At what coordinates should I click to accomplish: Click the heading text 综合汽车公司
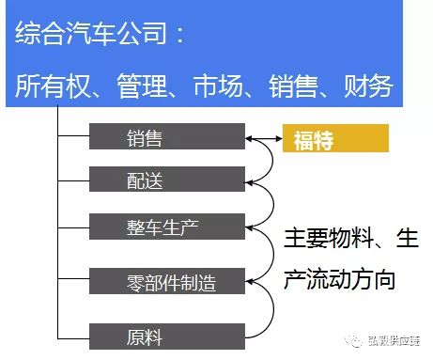click(91, 33)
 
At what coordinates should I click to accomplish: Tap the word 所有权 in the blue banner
click(53, 86)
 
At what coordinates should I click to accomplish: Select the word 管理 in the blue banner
click(142, 86)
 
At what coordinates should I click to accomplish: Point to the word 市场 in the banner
click(218, 86)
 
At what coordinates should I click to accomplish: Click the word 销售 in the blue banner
click(293, 86)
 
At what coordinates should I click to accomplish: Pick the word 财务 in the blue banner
click(368, 86)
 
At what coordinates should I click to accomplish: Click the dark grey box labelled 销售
click(167, 136)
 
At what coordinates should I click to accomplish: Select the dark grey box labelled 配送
click(167, 179)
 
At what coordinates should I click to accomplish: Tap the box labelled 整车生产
click(167, 227)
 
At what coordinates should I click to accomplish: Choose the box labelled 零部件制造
click(167, 281)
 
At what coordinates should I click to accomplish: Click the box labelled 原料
click(167, 337)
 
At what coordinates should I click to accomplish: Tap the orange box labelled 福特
click(335, 138)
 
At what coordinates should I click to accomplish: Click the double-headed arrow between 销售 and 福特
click(264, 138)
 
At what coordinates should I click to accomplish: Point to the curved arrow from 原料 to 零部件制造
click(273, 308)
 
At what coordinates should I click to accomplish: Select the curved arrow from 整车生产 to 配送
click(273, 204)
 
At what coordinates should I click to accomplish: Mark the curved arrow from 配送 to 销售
click(272, 160)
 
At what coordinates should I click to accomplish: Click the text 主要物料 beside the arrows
click(329, 239)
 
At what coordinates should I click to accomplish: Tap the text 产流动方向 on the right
click(339, 279)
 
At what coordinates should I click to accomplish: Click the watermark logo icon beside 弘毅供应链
click(353, 340)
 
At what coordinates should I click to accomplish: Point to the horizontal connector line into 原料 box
click(73, 338)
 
